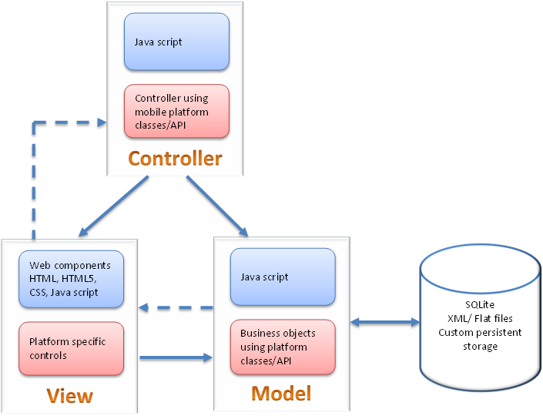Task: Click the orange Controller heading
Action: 175,159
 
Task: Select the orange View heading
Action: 69,396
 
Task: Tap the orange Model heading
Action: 281,393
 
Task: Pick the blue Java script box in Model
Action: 283,277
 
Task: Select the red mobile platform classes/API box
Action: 176,111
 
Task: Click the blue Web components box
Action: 71,277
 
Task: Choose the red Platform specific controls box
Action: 71,348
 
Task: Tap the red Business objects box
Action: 283,347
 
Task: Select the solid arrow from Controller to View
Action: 113,206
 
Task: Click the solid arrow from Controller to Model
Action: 218,206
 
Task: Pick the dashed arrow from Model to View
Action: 176,308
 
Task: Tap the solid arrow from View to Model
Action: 176,357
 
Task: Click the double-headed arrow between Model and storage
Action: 382,320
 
